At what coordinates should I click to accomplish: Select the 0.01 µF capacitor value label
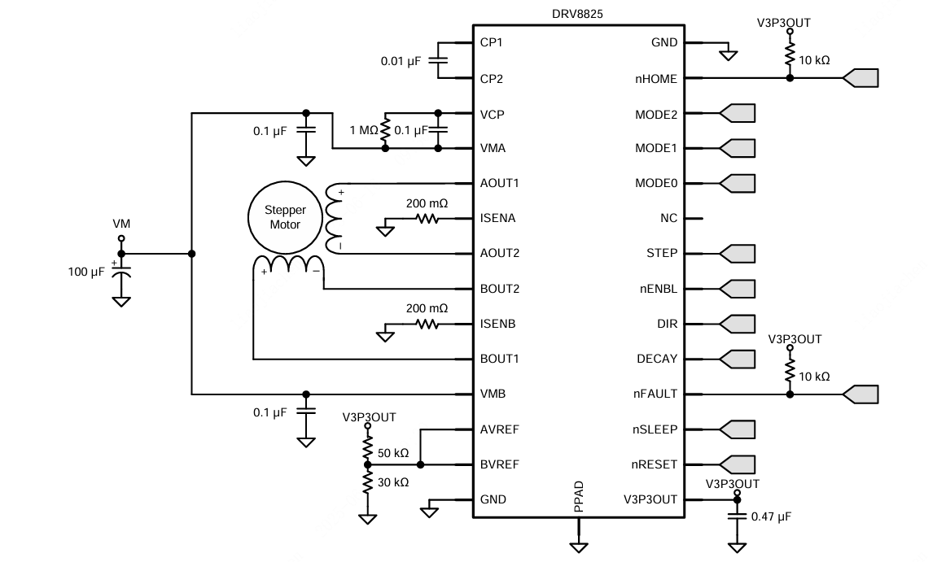pos(401,61)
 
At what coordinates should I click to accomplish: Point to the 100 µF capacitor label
pos(86,272)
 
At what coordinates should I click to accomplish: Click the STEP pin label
pos(661,253)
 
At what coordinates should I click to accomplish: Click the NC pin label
pos(668,218)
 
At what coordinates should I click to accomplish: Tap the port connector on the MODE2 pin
pos(738,114)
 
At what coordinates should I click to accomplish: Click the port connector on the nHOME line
pos(860,78)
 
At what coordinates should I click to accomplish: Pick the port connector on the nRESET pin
pos(738,464)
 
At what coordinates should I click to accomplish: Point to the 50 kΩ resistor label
pos(393,452)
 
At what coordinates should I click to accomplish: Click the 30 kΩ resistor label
pos(393,481)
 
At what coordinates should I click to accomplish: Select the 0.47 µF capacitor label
pos(771,516)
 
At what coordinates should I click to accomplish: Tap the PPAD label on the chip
pos(579,498)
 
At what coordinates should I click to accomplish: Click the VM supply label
pos(120,223)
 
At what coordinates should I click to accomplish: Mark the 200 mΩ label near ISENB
pos(427,308)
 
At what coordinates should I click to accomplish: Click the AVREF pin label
pos(499,429)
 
